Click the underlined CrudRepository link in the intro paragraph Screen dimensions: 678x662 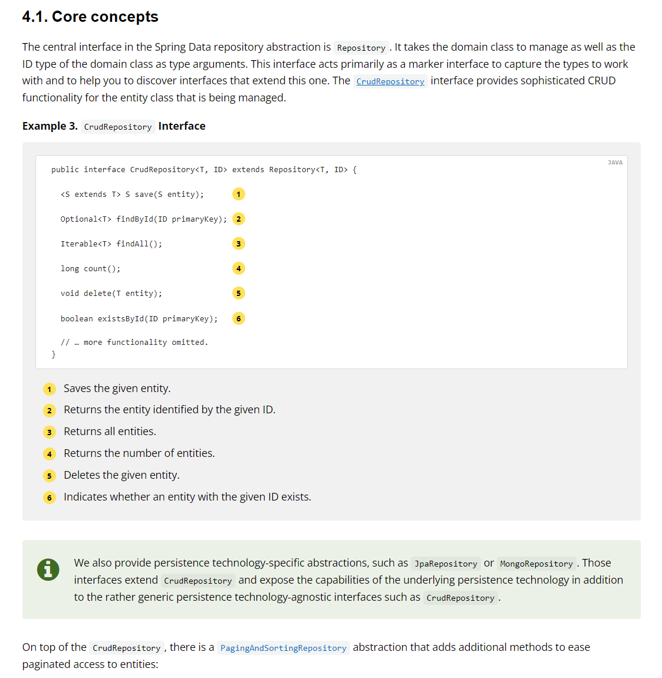pyautogui.click(x=390, y=81)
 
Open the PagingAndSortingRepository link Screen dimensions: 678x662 pyautogui.click(x=283, y=648)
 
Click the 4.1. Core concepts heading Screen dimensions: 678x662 pyautogui.click(x=90, y=17)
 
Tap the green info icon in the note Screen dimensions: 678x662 pyautogui.click(x=48, y=570)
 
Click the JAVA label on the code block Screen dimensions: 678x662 pyautogui.click(x=615, y=162)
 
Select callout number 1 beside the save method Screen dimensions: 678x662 pyautogui.click(x=238, y=194)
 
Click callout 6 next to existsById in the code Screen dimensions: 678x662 pyautogui.click(x=238, y=318)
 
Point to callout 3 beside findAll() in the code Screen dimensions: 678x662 pyautogui.click(x=238, y=243)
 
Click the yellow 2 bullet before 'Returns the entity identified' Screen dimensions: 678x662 pyautogui.click(x=50, y=410)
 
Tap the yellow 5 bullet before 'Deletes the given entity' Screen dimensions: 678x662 pyautogui.click(x=50, y=476)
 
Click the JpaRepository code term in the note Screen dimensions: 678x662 pyautogui.click(x=446, y=564)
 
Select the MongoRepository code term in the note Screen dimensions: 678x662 pyautogui.click(x=536, y=564)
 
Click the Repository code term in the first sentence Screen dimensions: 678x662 pyautogui.click(x=361, y=48)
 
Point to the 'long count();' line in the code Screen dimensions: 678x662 pyautogui.click(x=90, y=269)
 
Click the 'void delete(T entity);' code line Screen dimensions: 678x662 pyautogui.click(x=111, y=294)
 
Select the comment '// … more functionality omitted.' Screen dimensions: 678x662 pyautogui.click(x=134, y=342)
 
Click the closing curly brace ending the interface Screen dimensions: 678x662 pyautogui.click(x=54, y=354)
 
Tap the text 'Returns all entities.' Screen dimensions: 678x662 pyautogui.click(x=110, y=432)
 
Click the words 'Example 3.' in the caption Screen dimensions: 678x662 pyautogui.click(x=50, y=126)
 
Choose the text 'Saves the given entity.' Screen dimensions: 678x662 pyautogui.click(x=117, y=389)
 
